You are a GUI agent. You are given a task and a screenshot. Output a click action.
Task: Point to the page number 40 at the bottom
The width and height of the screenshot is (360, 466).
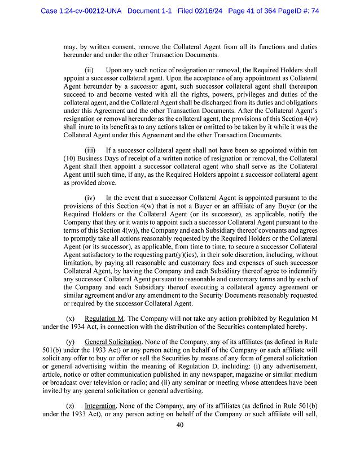[180, 425]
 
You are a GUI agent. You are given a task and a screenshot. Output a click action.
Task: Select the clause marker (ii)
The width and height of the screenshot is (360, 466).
[89, 69]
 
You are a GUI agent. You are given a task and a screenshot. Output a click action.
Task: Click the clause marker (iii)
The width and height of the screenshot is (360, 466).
[90, 151]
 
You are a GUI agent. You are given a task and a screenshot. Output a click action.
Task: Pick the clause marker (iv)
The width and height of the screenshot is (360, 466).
[90, 198]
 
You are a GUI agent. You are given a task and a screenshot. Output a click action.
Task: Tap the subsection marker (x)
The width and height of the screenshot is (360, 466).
[70, 319]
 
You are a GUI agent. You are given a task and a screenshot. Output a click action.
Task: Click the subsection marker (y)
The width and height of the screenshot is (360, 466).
[70, 342]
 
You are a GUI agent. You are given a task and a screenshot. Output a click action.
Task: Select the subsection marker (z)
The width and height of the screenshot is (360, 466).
[70, 406]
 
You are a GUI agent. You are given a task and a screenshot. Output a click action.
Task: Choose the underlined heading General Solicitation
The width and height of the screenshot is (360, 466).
[111, 342]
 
